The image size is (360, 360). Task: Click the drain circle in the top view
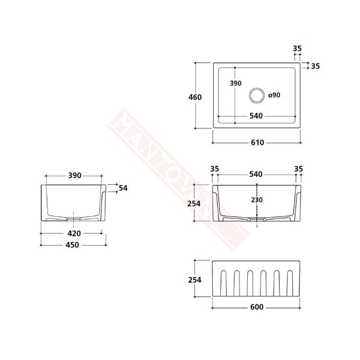pos(256,94)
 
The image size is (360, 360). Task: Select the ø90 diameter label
pos(275,94)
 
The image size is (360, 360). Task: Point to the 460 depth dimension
pos(194,97)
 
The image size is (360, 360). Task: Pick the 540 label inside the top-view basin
pos(256,116)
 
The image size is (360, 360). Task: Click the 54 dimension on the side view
pos(123,188)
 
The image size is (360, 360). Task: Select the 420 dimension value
pos(73,233)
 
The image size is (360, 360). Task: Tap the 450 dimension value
pos(73,245)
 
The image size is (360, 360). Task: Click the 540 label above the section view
pos(256,174)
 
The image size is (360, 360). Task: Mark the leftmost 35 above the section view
pos(214,169)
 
